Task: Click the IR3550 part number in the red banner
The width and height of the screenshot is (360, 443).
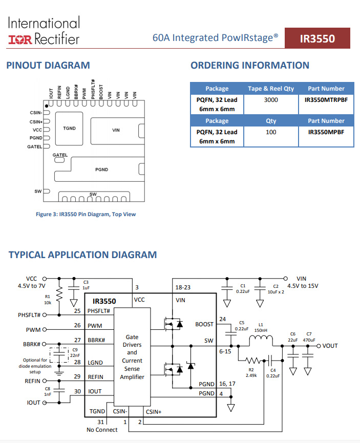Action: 317,39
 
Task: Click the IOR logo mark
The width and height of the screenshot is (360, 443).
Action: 20,39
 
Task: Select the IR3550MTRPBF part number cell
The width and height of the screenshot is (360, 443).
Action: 326,100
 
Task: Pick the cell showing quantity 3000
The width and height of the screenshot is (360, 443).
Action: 271,100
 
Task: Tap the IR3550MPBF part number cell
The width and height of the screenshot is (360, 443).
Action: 326,132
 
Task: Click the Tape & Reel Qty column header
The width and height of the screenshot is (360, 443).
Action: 271,89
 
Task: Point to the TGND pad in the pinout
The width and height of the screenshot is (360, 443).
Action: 69,129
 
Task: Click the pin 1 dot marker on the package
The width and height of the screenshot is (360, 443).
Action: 47,106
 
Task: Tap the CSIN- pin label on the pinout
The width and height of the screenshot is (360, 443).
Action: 36,113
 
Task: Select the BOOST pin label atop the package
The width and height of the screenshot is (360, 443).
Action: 101,92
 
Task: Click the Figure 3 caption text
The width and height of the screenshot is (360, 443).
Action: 86,214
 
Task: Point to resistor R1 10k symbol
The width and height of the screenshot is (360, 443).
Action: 59,294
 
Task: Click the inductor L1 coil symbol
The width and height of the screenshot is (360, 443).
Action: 261,339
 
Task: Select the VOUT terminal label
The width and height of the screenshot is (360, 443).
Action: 330,346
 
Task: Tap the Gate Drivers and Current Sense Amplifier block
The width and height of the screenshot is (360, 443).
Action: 132,357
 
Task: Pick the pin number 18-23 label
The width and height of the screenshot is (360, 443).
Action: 183,287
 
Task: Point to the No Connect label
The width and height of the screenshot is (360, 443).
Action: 102,430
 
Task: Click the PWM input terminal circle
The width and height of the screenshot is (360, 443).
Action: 45,329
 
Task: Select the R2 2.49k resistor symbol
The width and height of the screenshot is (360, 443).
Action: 252,361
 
